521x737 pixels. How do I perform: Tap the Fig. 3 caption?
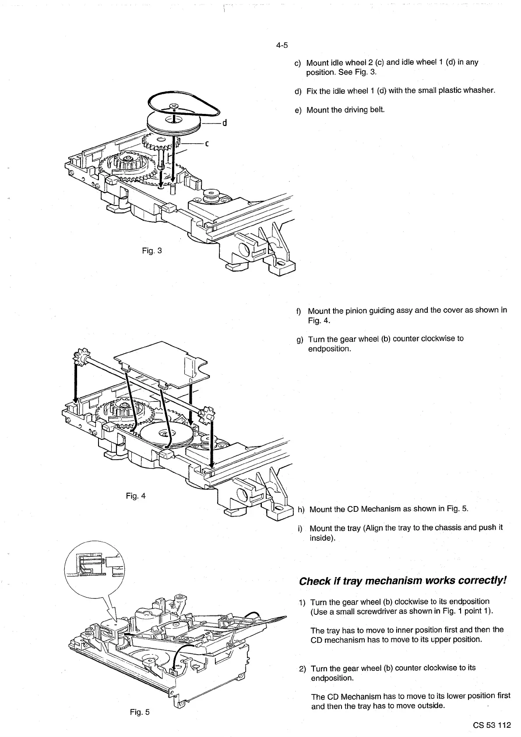(152, 251)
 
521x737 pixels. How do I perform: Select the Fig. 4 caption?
(135, 496)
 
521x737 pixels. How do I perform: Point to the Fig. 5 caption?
(140, 712)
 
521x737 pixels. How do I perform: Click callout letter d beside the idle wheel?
(224, 123)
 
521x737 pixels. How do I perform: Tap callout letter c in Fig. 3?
(206, 143)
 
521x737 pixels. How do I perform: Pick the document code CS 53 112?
(491, 725)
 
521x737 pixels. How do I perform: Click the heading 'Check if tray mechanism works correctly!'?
(402, 581)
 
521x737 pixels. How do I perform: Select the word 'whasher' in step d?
(480, 91)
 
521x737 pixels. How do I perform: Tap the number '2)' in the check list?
(302, 669)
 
